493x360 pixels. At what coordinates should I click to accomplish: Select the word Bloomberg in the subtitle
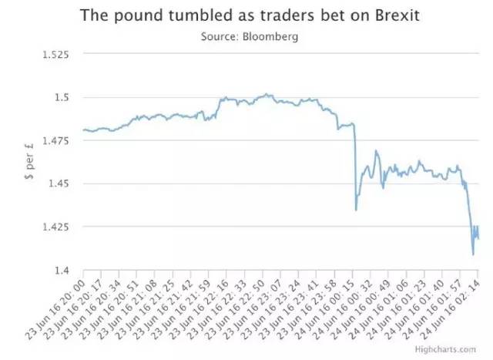270,36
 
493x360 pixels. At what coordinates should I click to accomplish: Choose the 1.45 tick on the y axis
59,184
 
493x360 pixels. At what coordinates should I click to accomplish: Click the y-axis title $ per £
30,162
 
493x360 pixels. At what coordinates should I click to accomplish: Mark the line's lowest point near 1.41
473,254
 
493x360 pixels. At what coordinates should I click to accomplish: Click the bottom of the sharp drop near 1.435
356,210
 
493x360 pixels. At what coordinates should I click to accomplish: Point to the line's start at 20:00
82,130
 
